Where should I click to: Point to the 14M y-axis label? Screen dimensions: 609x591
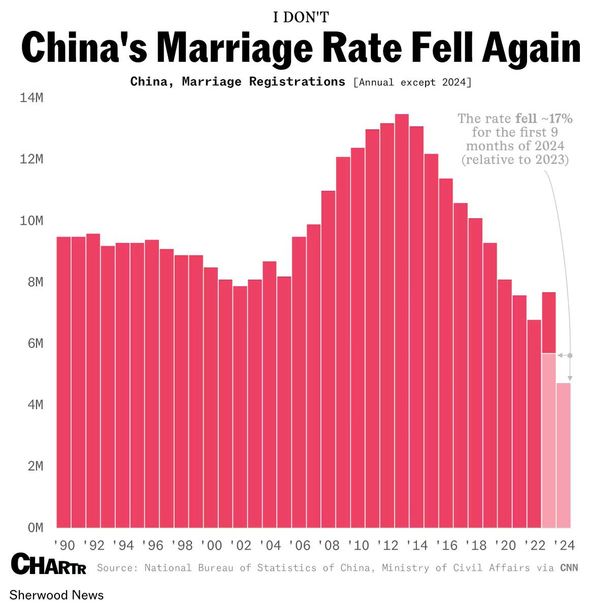coord(31,98)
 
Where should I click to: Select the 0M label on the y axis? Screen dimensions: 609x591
coord(35,528)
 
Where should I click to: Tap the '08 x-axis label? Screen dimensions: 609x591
coord(329,546)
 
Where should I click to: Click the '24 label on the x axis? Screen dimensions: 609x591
coord(564,546)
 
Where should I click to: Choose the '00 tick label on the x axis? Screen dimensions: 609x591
coord(211,546)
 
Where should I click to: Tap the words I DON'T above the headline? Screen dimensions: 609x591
coord(301,17)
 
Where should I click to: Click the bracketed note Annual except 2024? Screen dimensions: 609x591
coord(412,82)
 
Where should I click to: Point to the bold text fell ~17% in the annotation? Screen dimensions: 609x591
coord(544,118)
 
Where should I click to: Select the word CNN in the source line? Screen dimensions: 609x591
coord(569,567)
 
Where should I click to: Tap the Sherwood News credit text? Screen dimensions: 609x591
coord(56,595)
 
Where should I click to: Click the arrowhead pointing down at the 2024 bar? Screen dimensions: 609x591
coord(570,379)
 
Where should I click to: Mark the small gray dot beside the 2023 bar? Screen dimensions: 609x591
coord(570,356)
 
